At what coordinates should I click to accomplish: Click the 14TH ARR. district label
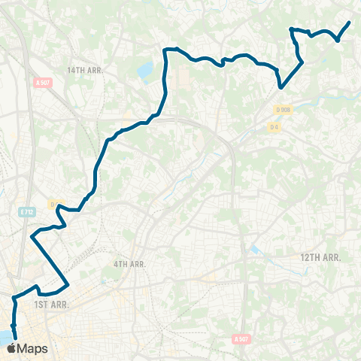[83, 70]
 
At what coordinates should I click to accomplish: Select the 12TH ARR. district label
[321, 257]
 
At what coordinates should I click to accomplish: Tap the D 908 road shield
[283, 110]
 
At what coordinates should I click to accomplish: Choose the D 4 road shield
[275, 126]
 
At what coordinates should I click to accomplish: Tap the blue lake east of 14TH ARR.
[144, 71]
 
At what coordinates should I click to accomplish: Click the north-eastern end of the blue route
[350, 23]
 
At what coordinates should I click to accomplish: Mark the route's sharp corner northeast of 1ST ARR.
[69, 284]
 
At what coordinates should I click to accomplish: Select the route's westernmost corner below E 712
[32, 237]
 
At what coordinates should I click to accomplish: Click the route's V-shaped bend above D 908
[281, 87]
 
